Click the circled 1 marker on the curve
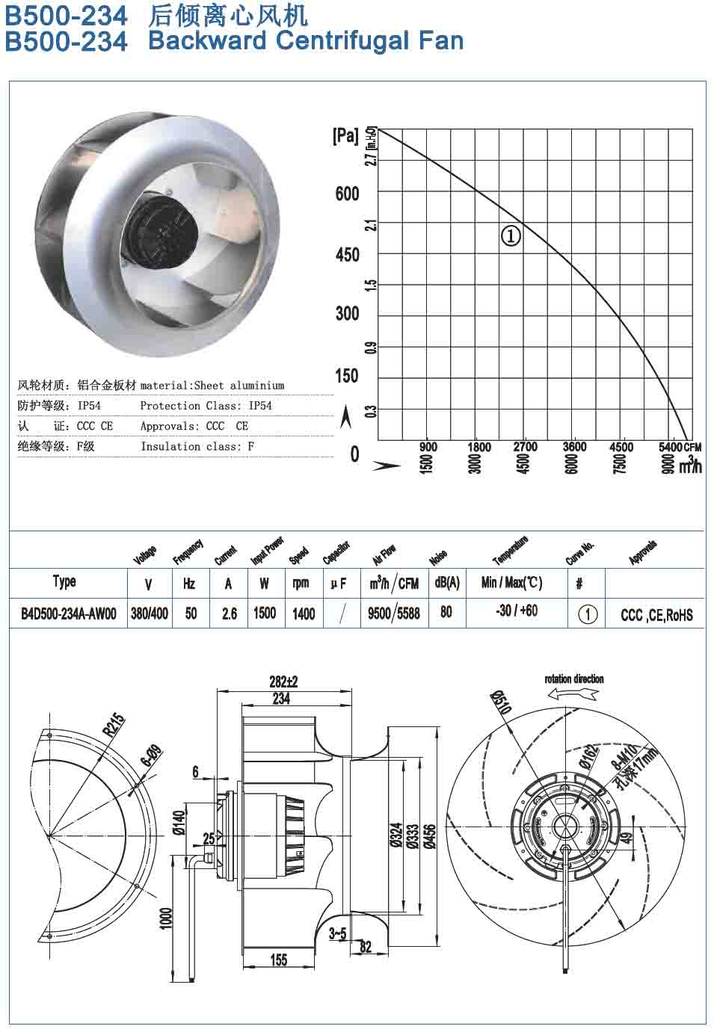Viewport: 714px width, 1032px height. click(511, 236)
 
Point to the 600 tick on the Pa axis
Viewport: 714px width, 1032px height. click(347, 194)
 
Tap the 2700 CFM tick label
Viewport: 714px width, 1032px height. click(525, 447)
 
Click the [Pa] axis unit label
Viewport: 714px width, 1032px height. click(345, 136)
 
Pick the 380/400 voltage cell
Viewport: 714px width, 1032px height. click(150, 614)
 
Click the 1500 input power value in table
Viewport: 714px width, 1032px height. click(265, 614)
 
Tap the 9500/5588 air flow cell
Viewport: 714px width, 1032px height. click(394, 614)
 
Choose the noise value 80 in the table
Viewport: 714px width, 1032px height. click(446, 612)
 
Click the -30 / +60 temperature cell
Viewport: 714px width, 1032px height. click(516, 611)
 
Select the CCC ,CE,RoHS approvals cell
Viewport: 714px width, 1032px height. click(656, 615)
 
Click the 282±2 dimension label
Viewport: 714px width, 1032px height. click(283, 682)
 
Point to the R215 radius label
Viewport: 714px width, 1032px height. click(114, 726)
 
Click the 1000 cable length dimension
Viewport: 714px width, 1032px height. click(166, 918)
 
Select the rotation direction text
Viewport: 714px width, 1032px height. click(573, 679)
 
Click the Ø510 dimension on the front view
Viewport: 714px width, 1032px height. click(500, 702)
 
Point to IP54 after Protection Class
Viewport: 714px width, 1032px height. click(260, 406)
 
